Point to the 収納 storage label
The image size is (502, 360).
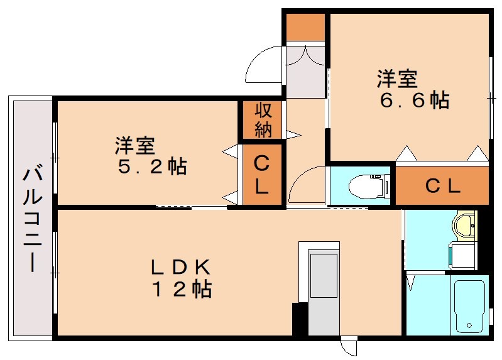point(263,120)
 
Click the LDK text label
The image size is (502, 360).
point(180,267)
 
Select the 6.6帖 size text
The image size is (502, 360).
point(414,101)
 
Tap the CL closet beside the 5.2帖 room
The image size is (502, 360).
point(262,175)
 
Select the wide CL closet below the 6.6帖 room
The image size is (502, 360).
point(442,186)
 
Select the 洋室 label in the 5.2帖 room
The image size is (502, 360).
point(134,146)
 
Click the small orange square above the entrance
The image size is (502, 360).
point(305,26)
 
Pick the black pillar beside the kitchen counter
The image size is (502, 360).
point(300,319)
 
